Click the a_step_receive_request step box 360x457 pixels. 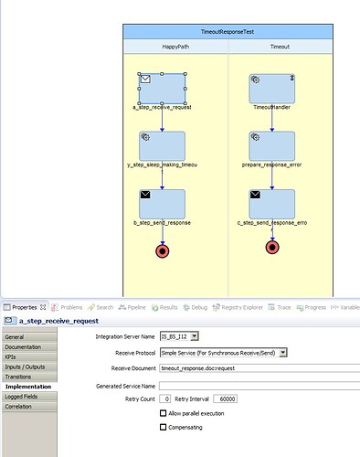tap(162, 89)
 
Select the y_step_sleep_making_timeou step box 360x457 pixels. tap(162, 145)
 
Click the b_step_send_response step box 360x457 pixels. tap(162, 203)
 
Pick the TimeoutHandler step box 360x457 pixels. tap(271, 89)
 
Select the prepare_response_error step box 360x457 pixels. tap(271, 145)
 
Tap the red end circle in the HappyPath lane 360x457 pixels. tap(163, 250)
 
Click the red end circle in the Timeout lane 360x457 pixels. tap(271, 247)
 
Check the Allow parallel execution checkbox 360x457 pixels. tap(164, 414)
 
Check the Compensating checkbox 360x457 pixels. tap(164, 427)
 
